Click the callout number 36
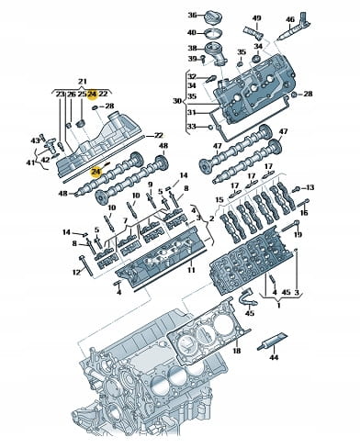[192, 15]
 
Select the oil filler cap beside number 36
[213, 16]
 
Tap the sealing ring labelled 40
[213, 33]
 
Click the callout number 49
[256, 18]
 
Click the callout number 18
[237, 351]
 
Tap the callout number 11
[191, 270]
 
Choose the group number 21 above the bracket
[82, 82]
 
